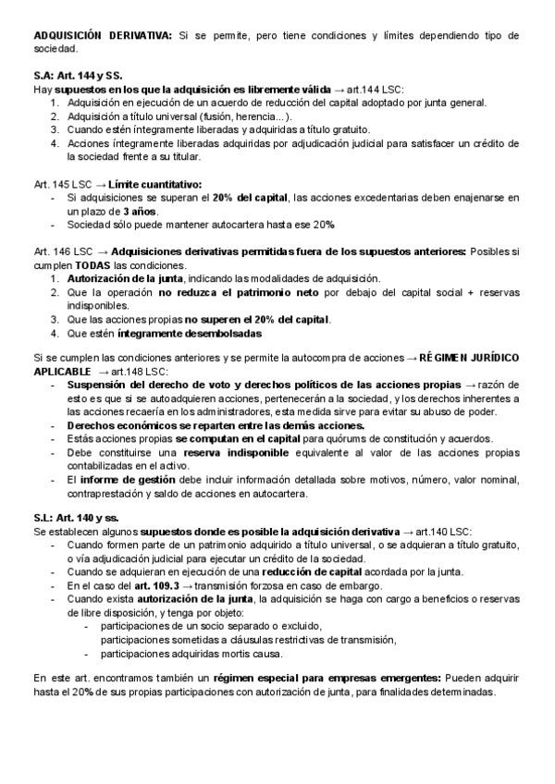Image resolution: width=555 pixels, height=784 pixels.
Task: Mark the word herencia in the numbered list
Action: [x=255, y=116]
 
